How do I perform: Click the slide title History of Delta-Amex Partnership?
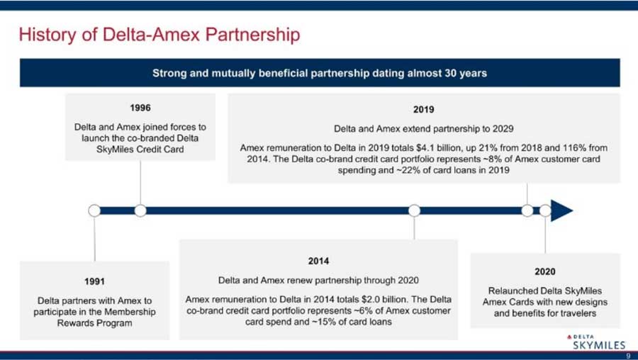159,35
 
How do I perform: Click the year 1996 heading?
140,108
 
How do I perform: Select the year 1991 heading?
95,281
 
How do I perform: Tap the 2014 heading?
318,261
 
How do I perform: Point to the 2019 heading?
424,109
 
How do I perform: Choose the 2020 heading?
545,271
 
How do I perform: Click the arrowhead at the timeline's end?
562,210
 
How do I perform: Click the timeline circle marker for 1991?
94,210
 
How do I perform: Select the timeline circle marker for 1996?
140,210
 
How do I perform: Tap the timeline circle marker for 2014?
414,210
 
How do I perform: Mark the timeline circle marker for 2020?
545,210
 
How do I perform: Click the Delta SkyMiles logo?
596,342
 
